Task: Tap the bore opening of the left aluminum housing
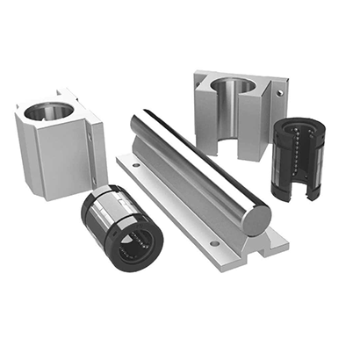(49, 111)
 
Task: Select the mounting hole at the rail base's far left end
(134, 162)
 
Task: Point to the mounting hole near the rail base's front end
(214, 241)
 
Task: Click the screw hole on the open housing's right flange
(280, 91)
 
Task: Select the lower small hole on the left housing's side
(95, 183)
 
